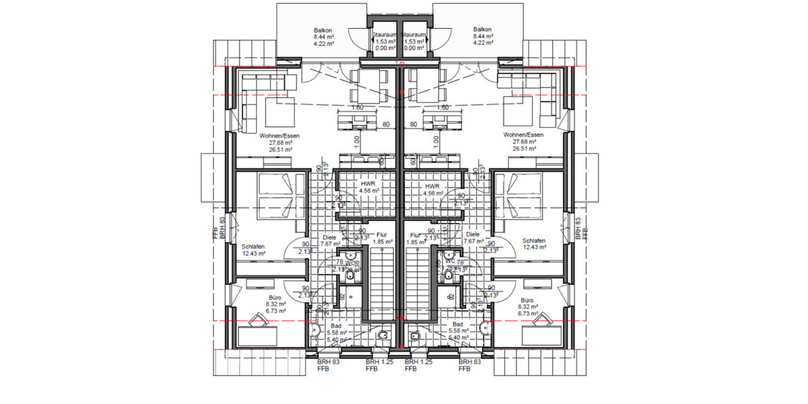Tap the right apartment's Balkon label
click(x=482, y=30)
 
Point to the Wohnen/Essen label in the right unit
click(x=524, y=135)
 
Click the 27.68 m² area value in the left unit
click(x=280, y=142)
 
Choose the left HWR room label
click(x=368, y=184)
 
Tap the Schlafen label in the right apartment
click(x=533, y=240)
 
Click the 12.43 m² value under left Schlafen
click(x=253, y=254)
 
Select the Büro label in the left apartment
click(x=275, y=298)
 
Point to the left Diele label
click(x=329, y=236)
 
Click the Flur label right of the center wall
click(x=415, y=235)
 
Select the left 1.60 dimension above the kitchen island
click(x=357, y=108)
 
